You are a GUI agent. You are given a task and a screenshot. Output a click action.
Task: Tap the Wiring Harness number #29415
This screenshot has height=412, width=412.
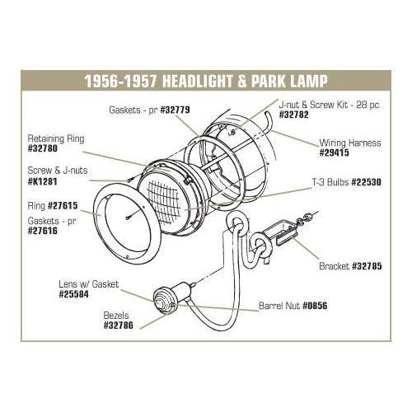point(339,152)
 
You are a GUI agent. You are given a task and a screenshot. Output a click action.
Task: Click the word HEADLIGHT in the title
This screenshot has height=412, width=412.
point(194,82)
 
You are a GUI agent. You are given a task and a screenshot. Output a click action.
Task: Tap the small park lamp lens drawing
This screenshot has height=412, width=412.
point(162,297)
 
